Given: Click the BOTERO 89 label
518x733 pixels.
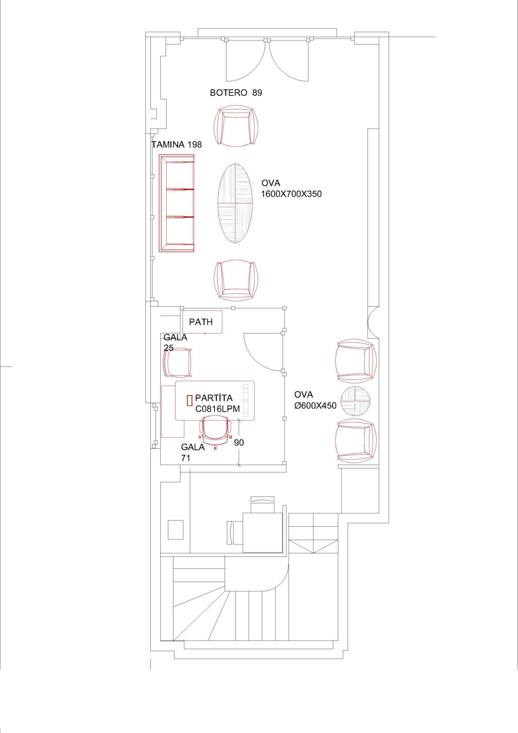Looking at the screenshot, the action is click(236, 92).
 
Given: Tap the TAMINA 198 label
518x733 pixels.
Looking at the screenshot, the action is click(176, 144).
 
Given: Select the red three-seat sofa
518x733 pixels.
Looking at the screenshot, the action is click(176, 203).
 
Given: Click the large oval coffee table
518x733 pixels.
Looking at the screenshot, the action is click(235, 203).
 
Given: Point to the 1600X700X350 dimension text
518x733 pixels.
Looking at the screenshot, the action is click(291, 194).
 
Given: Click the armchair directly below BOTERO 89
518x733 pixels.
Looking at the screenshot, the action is click(236, 126).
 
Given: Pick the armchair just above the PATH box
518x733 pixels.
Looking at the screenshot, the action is click(236, 281).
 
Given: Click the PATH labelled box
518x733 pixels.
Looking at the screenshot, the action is click(202, 322).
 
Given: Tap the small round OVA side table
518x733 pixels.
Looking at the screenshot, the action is click(355, 401).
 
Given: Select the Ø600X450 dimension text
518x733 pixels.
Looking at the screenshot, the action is click(315, 406).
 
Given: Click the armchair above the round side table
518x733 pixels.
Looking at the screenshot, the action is click(356, 361).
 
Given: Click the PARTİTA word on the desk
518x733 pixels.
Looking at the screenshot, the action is click(214, 398).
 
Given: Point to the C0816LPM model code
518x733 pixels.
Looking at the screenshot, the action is click(218, 409).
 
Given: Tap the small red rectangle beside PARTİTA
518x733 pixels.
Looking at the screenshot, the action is click(189, 400).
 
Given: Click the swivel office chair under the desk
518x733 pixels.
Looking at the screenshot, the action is click(215, 431).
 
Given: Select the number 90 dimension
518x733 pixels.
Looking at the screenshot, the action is click(239, 443).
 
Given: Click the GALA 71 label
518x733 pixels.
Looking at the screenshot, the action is click(193, 452).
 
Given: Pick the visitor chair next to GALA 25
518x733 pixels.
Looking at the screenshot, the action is click(178, 363).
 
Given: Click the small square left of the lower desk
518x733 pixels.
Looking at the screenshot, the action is click(175, 530).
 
